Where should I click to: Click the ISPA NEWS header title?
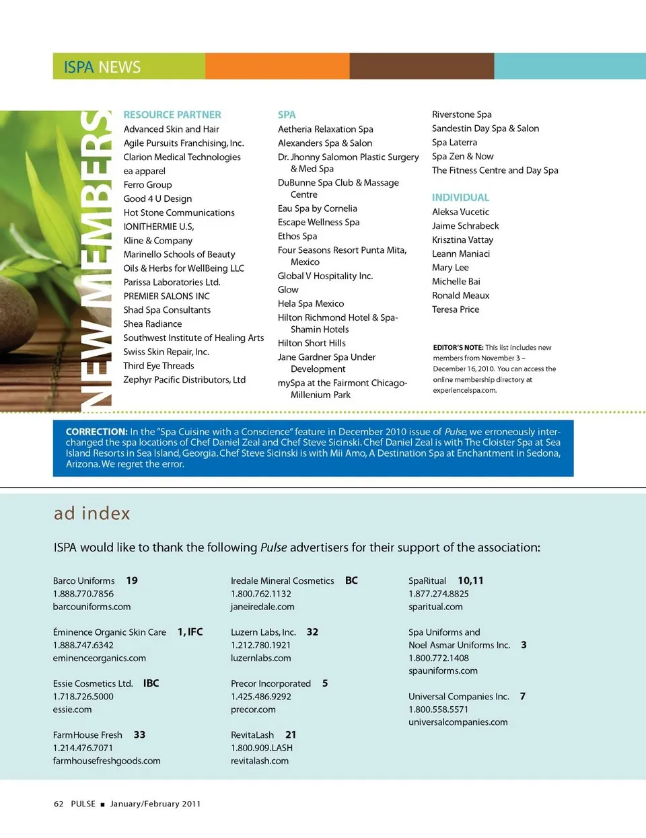click(102, 67)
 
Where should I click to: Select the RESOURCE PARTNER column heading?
click(172, 115)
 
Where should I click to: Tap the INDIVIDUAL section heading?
click(461, 198)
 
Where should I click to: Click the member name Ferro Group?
click(147, 185)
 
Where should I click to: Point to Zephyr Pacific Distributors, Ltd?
click(184, 380)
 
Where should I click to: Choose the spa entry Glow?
click(288, 290)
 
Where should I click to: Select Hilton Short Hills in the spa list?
click(312, 343)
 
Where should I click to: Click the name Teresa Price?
click(456, 309)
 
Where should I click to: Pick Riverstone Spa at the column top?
click(462, 114)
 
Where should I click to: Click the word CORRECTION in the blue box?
click(96, 432)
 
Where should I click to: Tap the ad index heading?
click(92, 514)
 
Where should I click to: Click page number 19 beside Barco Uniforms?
click(132, 580)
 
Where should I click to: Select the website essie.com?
click(72, 710)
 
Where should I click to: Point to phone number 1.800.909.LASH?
click(262, 748)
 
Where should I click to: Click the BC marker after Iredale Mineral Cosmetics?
click(351, 580)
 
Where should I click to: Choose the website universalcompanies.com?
click(458, 722)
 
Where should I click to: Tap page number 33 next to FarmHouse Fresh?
click(139, 735)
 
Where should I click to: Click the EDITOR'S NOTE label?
click(458, 348)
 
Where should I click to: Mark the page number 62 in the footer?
click(59, 804)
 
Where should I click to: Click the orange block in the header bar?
click(277, 66)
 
